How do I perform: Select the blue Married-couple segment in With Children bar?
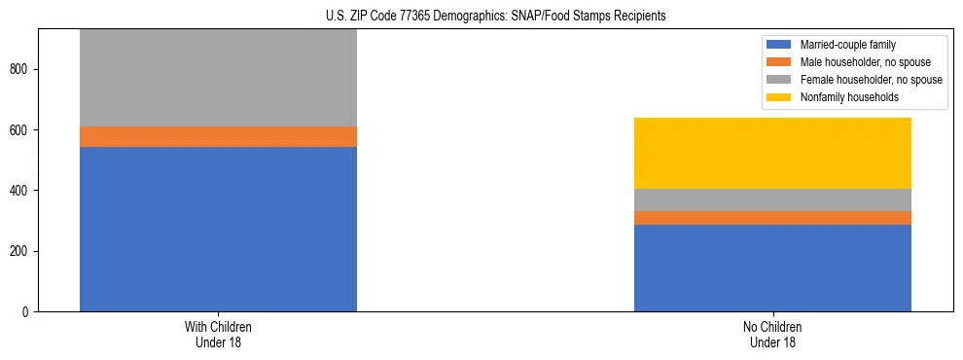218,229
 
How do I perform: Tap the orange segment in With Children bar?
218,136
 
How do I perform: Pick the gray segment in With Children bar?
218,78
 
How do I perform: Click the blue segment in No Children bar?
772,268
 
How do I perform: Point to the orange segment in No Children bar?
772,218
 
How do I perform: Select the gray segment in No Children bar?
772,199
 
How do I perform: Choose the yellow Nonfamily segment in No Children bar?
772,153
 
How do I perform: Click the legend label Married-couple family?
848,45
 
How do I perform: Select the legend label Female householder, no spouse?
871,80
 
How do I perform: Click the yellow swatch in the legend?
779,97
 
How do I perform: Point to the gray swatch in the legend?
779,80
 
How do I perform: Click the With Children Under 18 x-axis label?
218,334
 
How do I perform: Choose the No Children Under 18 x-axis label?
772,334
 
